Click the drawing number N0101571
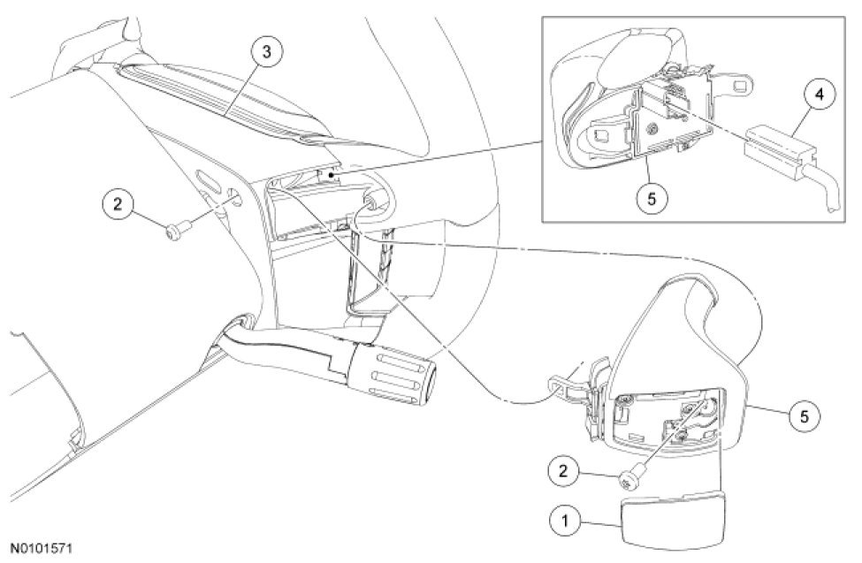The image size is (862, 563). (x=43, y=549)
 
